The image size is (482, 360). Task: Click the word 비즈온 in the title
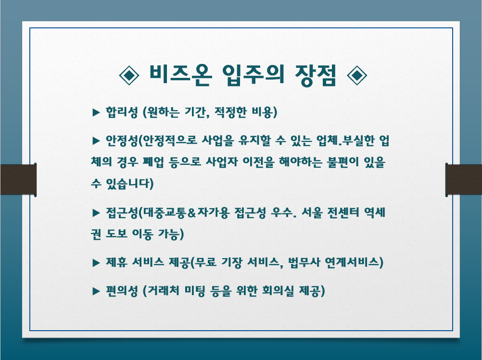pos(180,74)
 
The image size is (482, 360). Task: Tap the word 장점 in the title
pos(316,74)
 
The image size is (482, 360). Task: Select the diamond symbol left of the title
pos(129,75)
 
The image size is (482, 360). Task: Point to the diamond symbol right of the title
pos(356,75)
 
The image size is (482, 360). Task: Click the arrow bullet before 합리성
pos(96,112)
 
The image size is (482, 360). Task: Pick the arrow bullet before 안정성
pos(96,141)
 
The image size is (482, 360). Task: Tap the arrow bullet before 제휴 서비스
pos(96,262)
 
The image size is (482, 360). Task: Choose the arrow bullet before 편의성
pos(96,291)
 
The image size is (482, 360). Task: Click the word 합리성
pos(121,112)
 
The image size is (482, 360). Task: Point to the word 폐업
pos(153,162)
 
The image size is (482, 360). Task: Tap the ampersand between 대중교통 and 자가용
pos(191,212)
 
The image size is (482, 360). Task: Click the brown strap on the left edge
pos(18,180)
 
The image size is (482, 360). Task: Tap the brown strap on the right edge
pos(464,180)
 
